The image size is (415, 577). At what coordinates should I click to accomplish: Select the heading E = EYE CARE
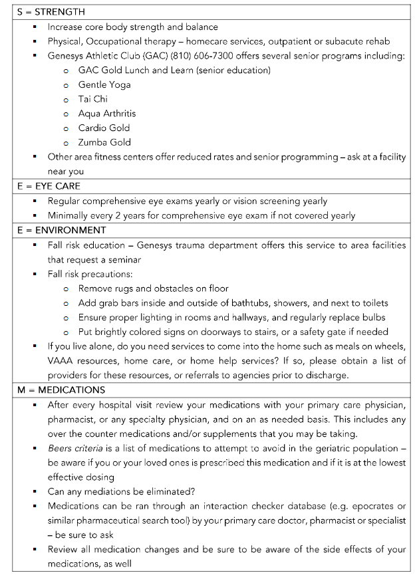tap(49, 187)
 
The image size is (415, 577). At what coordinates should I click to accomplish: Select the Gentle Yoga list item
tap(104, 84)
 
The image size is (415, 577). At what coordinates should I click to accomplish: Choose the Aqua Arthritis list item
tap(107, 114)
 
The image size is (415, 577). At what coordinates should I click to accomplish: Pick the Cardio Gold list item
tap(104, 128)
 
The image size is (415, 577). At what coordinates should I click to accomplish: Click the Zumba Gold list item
tap(104, 142)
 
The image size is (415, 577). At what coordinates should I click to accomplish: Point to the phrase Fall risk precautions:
tap(90, 274)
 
